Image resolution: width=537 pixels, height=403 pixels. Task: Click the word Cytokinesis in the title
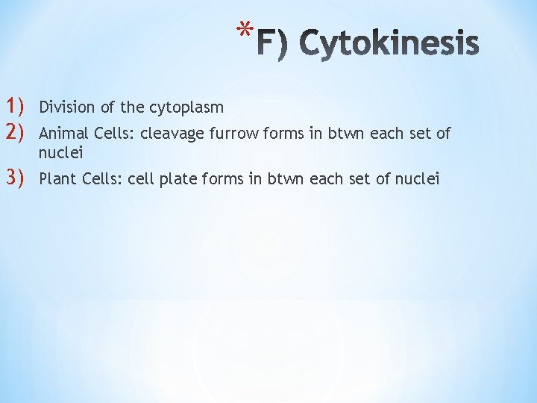[x=389, y=44]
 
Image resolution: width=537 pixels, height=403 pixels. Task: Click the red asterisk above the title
[x=242, y=31]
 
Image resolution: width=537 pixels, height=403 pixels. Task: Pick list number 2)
[x=16, y=133]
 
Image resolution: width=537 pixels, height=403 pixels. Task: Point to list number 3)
[x=16, y=178]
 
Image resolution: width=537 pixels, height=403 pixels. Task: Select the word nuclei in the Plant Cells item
[x=419, y=179]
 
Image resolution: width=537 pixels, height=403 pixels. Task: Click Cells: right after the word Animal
[x=113, y=134]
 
